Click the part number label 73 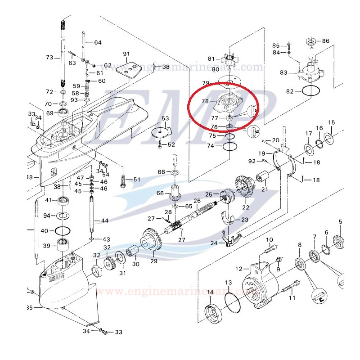[x=49, y=58]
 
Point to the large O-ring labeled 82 [x=311, y=91]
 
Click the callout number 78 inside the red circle [x=205, y=102]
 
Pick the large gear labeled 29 [x=151, y=241]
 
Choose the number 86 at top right [x=325, y=41]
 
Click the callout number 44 [x=105, y=220]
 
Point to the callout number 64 [x=98, y=43]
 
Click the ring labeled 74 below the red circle [x=229, y=146]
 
